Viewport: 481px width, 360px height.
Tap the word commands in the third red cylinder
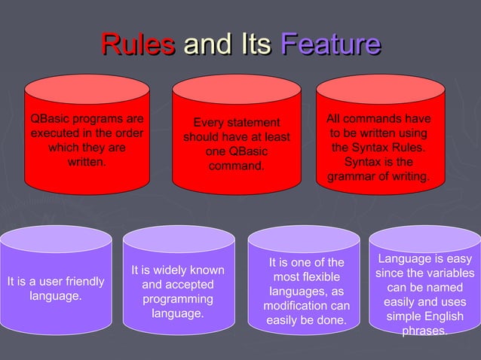tap(374, 119)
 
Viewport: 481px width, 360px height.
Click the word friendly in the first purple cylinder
tap(80, 282)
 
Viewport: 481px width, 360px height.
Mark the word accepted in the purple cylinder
tap(189, 285)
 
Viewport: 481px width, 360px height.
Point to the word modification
tap(296, 306)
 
